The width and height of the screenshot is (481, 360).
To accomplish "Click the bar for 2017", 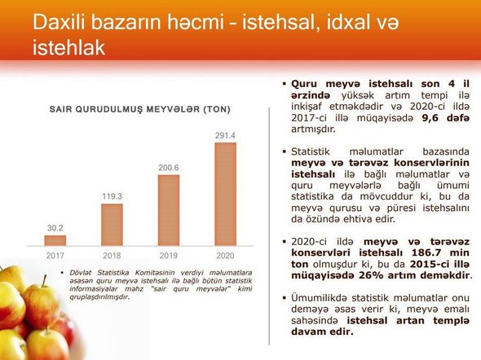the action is [x=55, y=240].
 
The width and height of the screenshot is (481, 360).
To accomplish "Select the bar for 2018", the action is [x=112, y=225].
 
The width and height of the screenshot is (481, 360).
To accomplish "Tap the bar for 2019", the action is [x=169, y=210].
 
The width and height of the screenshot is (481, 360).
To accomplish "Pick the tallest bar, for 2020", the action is [x=226, y=194].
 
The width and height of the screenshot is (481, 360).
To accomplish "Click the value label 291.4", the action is [x=225, y=135].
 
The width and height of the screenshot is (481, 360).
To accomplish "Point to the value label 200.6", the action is [x=169, y=168].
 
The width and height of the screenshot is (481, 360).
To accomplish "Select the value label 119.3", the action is [x=112, y=196].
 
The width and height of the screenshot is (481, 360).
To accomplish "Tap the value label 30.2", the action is [x=55, y=228].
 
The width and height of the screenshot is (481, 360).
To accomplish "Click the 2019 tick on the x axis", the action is [x=169, y=256].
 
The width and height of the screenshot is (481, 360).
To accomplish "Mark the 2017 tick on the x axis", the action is [x=55, y=256].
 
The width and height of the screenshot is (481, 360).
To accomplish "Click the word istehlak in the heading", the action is [x=68, y=48].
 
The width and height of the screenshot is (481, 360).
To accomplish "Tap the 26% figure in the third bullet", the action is [x=371, y=275].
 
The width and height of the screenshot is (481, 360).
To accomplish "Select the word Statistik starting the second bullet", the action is [x=311, y=151].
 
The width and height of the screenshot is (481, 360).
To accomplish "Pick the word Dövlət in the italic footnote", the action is [x=81, y=273].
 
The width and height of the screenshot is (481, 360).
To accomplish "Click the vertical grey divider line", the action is [x=269, y=226].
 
